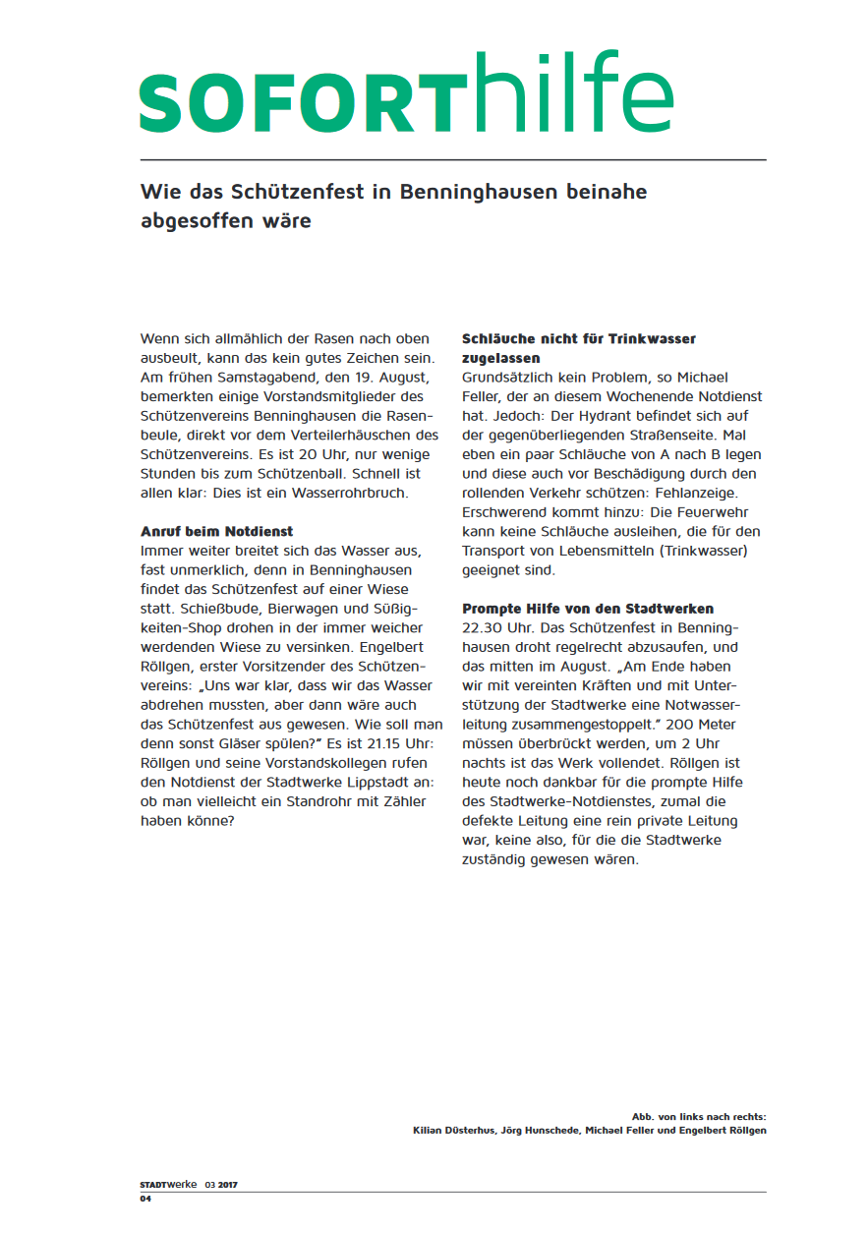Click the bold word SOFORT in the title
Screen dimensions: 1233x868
303,102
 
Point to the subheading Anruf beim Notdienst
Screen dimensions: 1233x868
217,532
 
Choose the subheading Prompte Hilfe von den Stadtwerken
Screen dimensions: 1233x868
588,609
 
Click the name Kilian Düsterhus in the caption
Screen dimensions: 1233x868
456,1131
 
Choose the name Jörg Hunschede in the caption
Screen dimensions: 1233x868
543,1131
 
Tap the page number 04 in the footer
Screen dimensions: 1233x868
145,1200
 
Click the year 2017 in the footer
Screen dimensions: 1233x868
228,1185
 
